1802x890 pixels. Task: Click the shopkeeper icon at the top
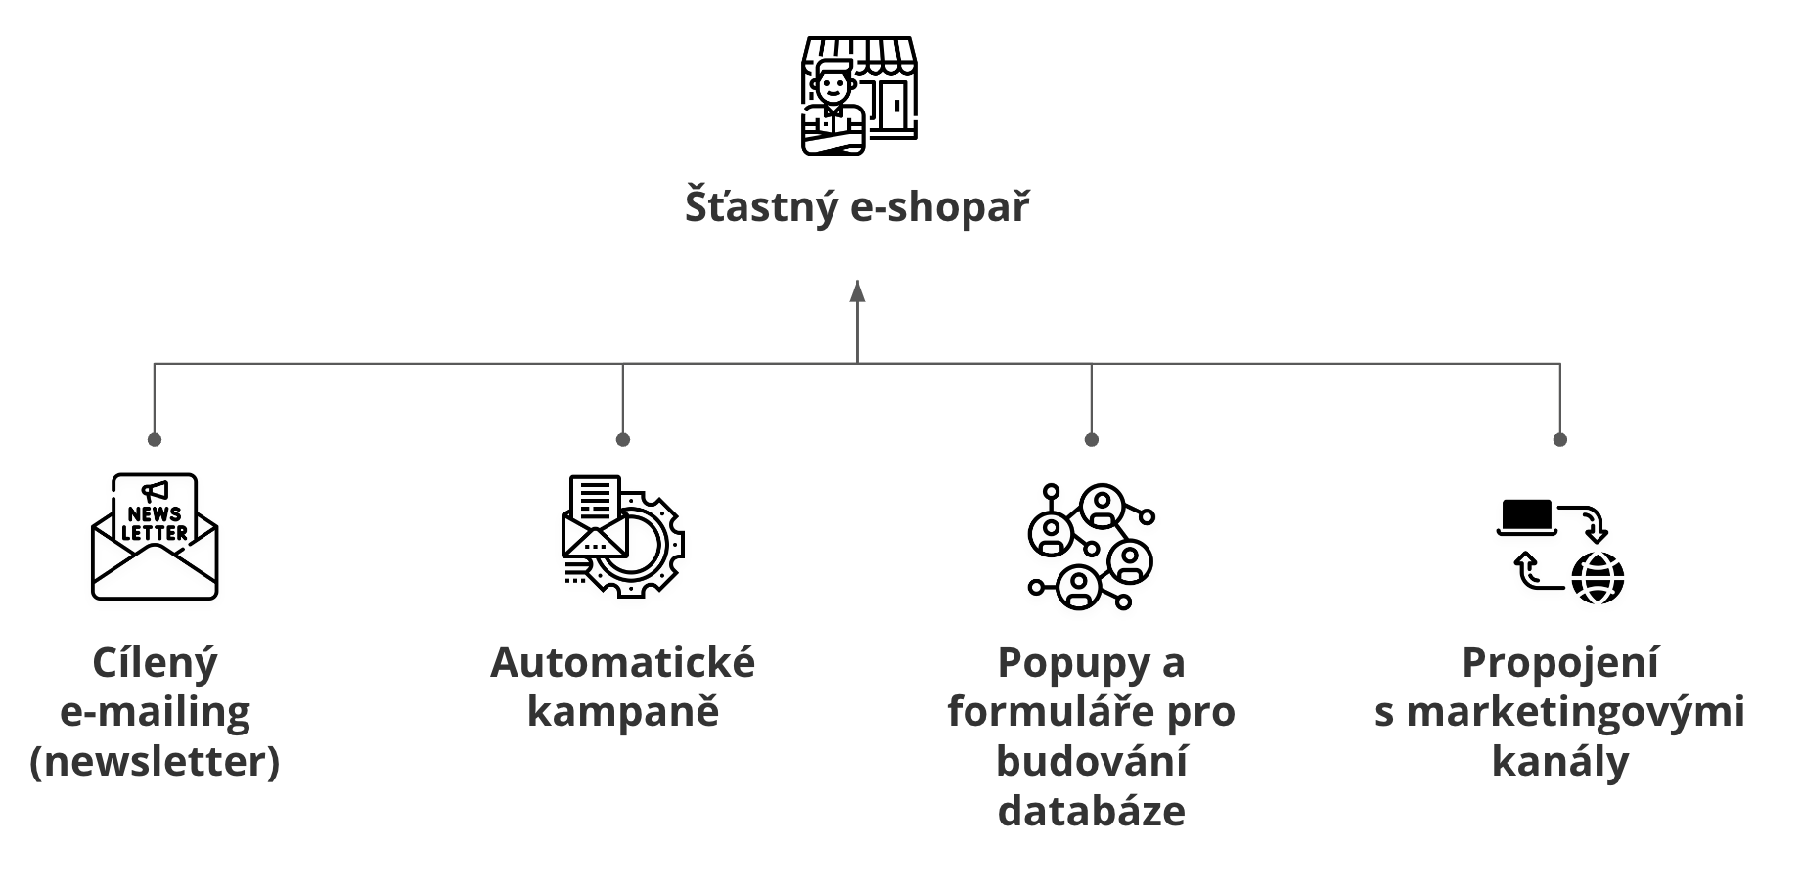tap(858, 96)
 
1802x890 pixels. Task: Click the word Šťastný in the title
tap(761, 207)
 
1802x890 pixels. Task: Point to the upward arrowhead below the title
tap(858, 291)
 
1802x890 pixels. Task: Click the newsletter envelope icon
tap(155, 537)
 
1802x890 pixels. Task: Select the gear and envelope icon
tap(623, 537)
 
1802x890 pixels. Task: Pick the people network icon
tap(1091, 547)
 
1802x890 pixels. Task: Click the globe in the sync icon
tap(1598, 577)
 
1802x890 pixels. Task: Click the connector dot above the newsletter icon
tap(155, 439)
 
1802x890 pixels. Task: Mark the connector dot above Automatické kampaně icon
tap(623, 439)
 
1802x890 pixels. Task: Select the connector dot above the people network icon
tap(1092, 439)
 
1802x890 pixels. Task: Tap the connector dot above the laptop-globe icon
tap(1560, 439)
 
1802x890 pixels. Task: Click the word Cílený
tap(155, 663)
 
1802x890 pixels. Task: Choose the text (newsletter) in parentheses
tap(155, 761)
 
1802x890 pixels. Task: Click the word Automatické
tap(623, 663)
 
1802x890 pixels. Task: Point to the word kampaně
tap(623, 712)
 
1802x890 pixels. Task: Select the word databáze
tap(1092, 811)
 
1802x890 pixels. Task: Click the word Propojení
tap(1560, 663)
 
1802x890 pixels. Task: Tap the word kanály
tap(1560, 761)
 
